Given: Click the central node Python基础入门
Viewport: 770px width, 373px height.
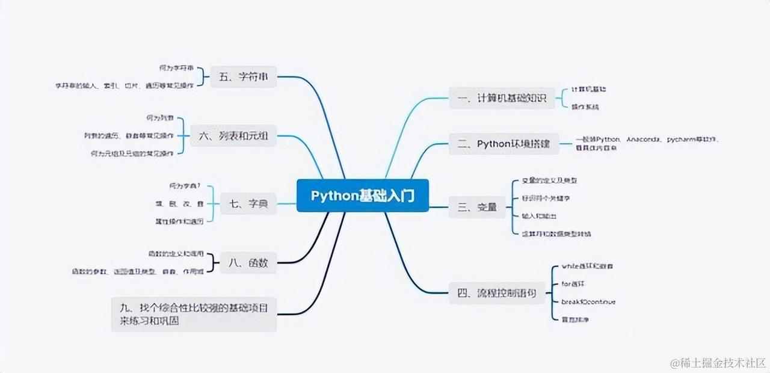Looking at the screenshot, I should [x=362, y=196].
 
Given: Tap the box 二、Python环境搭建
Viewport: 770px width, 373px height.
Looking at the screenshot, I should [x=504, y=143].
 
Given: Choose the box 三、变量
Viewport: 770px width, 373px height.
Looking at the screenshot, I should [x=477, y=207].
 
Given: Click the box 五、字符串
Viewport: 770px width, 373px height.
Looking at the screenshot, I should [x=244, y=76].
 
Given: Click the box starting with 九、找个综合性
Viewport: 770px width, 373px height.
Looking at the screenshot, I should [x=194, y=314].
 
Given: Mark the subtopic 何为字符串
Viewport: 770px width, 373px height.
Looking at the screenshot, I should [x=176, y=67].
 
